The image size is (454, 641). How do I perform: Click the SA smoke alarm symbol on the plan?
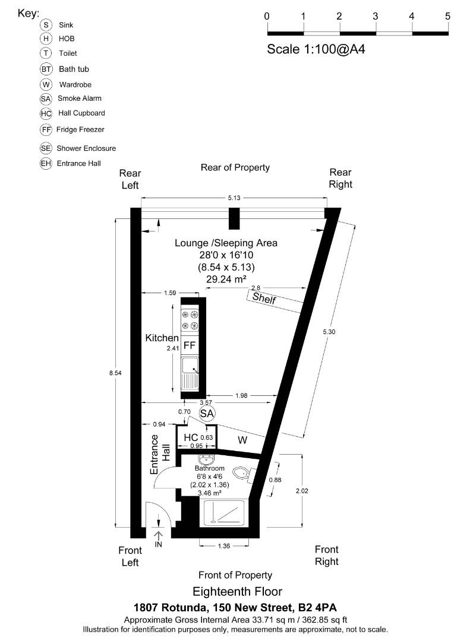tap(207, 413)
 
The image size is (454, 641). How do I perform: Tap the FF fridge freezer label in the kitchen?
tap(190, 345)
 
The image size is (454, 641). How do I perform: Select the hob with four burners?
tap(190, 320)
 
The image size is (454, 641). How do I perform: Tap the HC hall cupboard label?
tap(191, 438)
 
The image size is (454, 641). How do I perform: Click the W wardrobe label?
tap(242, 440)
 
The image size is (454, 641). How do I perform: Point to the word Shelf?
tap(264, 298)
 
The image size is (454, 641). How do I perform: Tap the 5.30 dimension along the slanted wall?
tap(330, 332)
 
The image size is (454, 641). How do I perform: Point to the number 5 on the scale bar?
tap(447, 16)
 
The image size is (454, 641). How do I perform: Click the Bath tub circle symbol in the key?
tap(46, 69)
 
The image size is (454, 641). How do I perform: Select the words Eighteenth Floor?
tap(237, 591)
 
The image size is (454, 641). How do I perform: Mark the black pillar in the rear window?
tap(235, 218)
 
